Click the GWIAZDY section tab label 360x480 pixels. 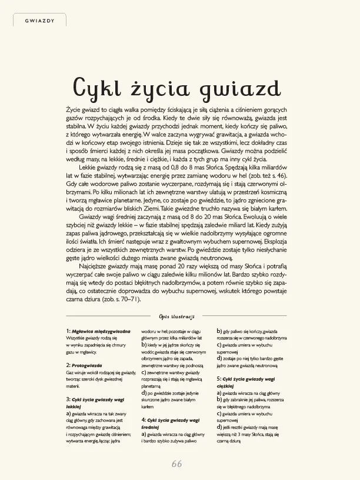pos(40,21)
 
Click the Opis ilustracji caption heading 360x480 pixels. pos(180,316)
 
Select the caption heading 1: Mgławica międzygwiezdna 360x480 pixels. pos(98,332)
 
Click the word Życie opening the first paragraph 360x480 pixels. pos(75,109)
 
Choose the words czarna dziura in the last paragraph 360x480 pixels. pos(84,298)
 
